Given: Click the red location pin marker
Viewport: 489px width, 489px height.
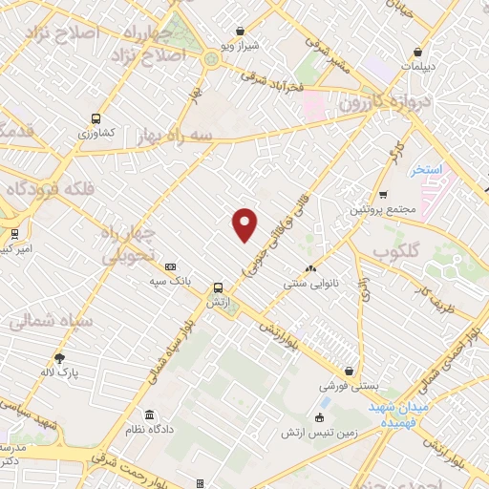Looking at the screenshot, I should click(x=245, y=223).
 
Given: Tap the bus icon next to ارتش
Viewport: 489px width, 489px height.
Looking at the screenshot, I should click(x=220, y=287).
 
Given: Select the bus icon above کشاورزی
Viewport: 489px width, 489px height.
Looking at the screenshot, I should click(x=95, y=118).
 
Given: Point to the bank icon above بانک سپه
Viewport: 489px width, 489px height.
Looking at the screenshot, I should click(x=171, y=267).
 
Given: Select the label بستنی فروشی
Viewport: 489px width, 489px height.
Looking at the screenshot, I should click(x=351, y=387).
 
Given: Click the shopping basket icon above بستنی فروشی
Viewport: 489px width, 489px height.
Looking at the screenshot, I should click(x=351, y=372).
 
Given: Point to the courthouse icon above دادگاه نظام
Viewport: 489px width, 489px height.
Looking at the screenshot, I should click(x=150, y=415).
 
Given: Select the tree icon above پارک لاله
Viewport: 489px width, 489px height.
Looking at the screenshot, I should click(x=60, y=357).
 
